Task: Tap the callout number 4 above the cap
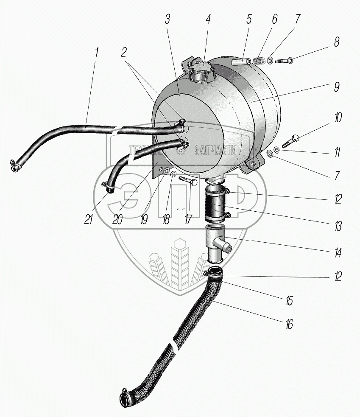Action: (208, 20)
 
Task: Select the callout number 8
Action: (337, 42)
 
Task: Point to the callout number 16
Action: (289, 325)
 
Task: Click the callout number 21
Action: (89, 219)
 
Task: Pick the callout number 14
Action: (338, 253)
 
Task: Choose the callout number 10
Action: (338, 118)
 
